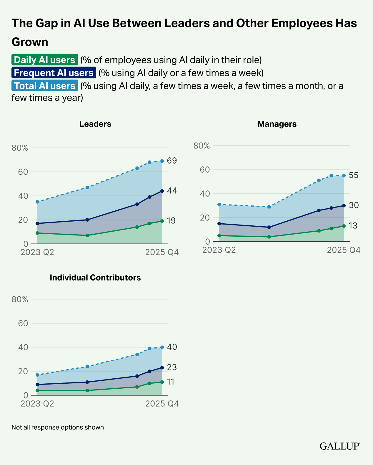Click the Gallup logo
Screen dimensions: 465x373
click(340, 446)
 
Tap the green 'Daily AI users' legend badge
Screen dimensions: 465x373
click(45, 60)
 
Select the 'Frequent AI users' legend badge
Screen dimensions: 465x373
click(54, 73)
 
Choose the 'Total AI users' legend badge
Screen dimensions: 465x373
click(45, 86)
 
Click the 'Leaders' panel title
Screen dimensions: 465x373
click(95, 124)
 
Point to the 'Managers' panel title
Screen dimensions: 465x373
click(277, 124)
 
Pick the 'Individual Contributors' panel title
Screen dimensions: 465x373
click(95, 278)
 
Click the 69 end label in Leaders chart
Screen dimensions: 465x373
click(172, 161)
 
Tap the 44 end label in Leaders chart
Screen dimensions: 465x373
click(172, 191)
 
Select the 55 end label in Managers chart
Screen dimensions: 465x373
click(354, 175)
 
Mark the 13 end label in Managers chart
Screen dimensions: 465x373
click(353, 226)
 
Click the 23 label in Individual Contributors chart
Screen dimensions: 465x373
click(172, 367)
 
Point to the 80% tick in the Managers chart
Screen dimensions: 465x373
click(202, 146)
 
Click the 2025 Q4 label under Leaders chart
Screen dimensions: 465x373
click(162, 253)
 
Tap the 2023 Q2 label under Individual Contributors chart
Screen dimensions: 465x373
click(37, 404)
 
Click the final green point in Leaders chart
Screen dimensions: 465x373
click(162, 221)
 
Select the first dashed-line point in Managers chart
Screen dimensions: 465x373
click(219, 205)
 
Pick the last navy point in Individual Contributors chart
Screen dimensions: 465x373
click(162, 367)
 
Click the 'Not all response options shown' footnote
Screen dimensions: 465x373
click(58, 427)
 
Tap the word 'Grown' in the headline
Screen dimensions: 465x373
click(30, 42)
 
